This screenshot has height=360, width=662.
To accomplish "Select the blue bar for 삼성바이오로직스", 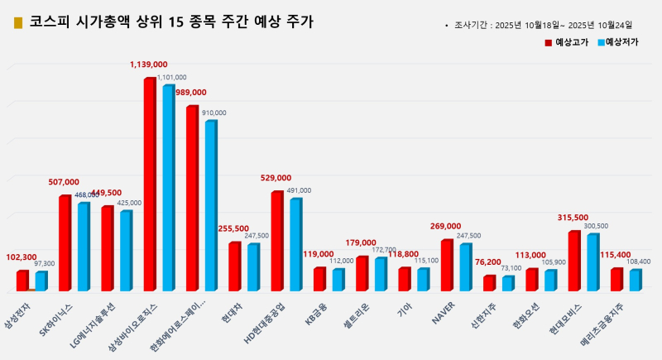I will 168,187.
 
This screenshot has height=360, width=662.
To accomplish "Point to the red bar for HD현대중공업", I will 277,240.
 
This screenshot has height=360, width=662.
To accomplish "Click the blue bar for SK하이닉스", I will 83,246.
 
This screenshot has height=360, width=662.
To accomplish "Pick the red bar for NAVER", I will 446,265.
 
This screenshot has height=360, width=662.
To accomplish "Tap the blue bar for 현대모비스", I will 592,262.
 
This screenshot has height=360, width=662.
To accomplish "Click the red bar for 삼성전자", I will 22,281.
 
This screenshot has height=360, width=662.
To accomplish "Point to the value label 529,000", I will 276,178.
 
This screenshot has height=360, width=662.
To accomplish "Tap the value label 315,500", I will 573,218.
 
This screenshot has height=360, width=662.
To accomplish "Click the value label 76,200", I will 487,262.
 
